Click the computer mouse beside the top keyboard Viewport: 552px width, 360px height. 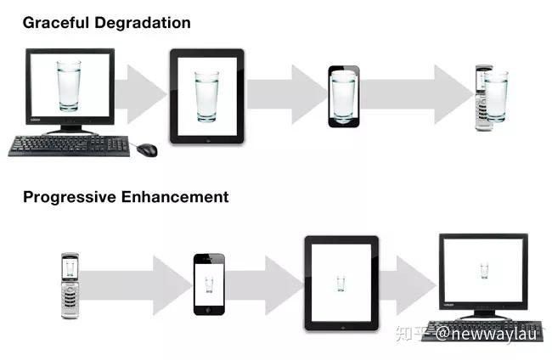pos(147,149)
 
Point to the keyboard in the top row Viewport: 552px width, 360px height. pos(69,146)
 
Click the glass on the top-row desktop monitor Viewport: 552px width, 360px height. pos(69,85)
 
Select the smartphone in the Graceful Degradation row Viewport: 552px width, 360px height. pos(344,95)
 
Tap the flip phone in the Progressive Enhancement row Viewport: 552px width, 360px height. pos(71,285)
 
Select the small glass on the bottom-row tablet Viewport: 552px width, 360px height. pos(341,282)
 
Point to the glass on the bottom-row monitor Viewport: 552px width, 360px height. pos(484,271)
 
